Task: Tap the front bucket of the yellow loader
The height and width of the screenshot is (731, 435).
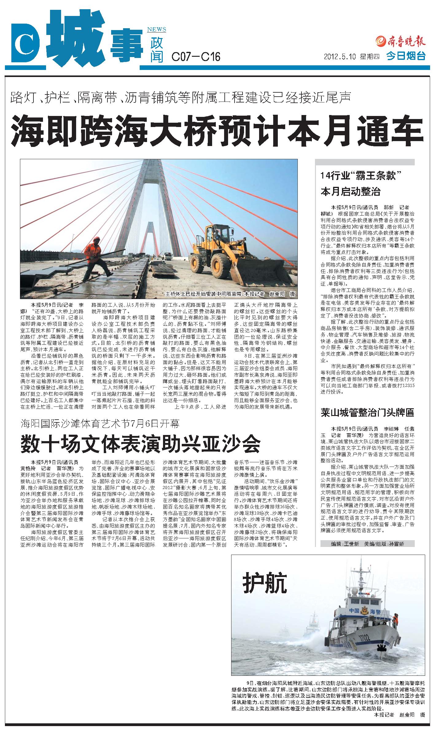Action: (261, 273)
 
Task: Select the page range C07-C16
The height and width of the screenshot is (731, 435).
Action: (196, 57)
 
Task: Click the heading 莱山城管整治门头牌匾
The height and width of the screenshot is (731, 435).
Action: (367, 412)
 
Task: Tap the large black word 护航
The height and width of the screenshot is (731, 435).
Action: (265, 593)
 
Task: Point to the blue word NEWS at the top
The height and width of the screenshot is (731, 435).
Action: (157, 30)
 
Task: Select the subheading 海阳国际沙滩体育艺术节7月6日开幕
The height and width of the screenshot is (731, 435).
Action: (100, 424)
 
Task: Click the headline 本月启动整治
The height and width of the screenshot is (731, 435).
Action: (351, 192)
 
